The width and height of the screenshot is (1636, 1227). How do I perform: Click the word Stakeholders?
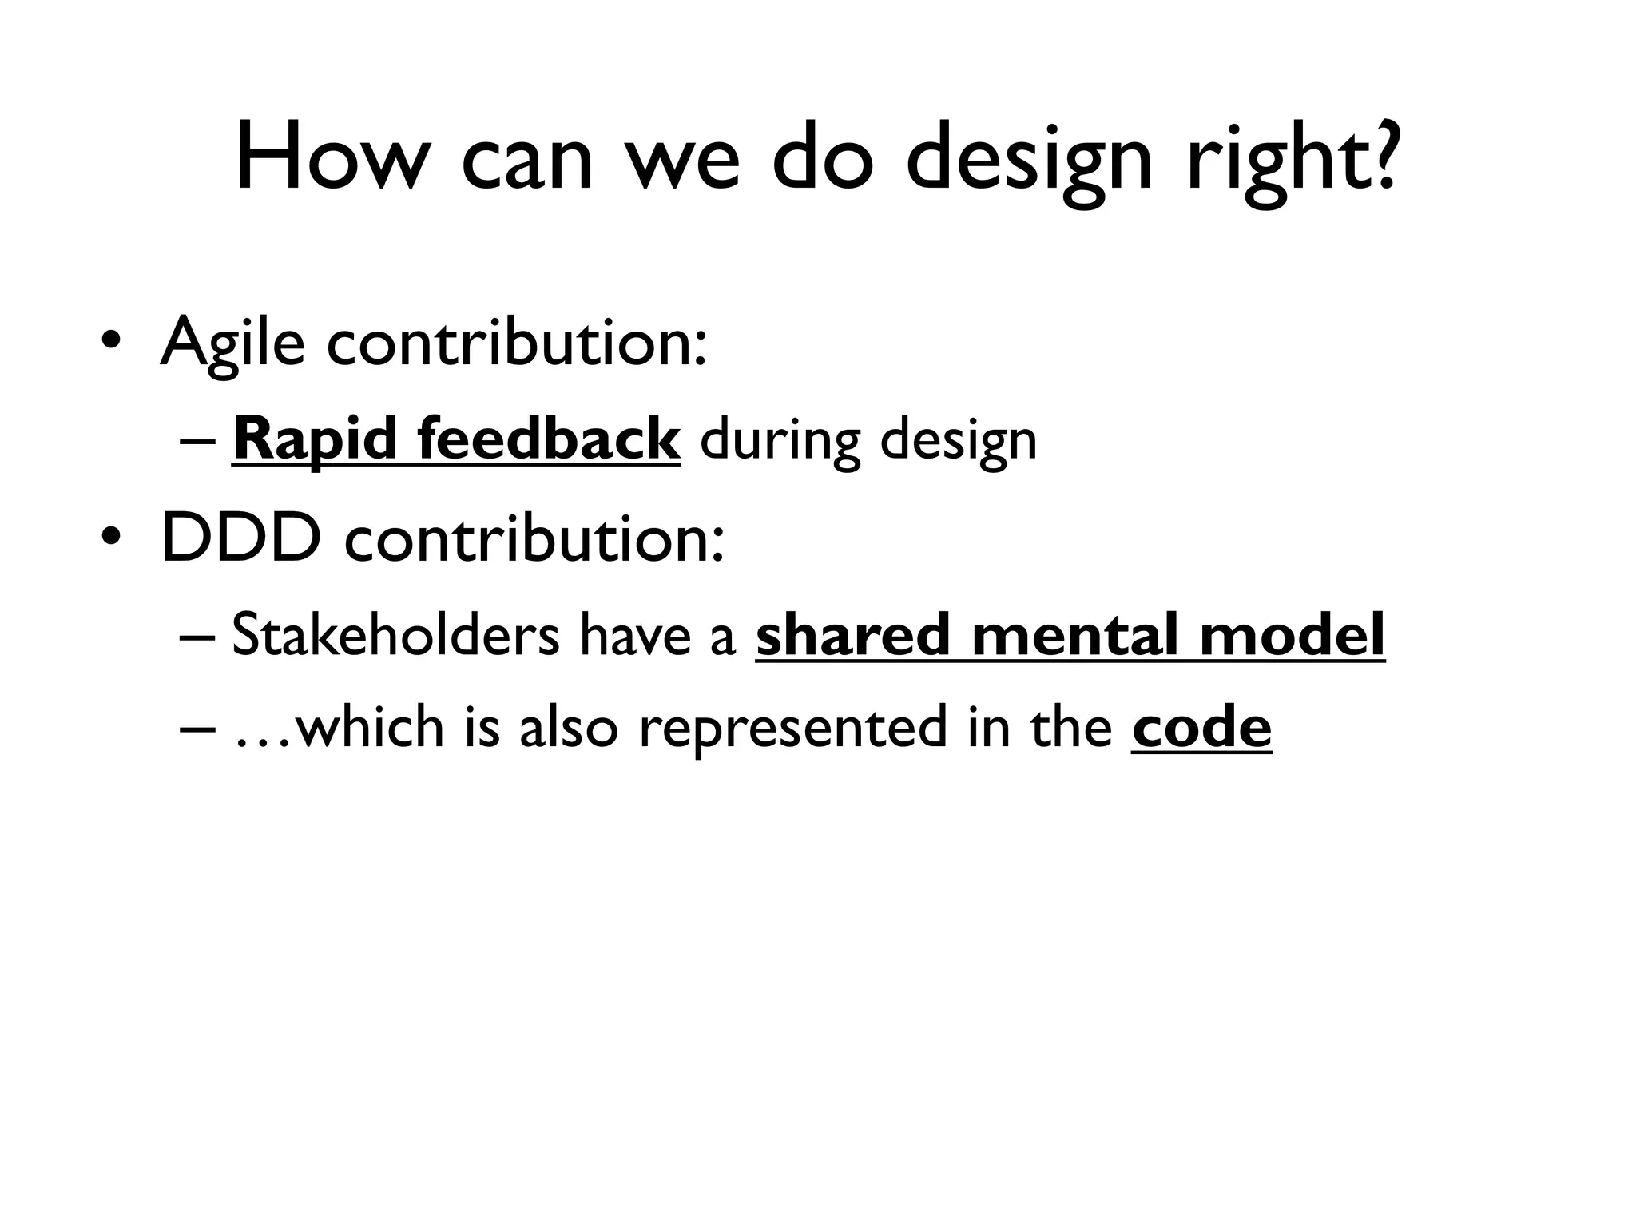point(395,634)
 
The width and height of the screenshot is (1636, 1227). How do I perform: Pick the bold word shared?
point(852,634)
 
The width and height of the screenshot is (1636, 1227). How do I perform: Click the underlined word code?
point(1201,727)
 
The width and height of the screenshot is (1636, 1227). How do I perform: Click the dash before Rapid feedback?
point(197,441)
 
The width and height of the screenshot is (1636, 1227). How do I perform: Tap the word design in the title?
point(1030,160)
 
